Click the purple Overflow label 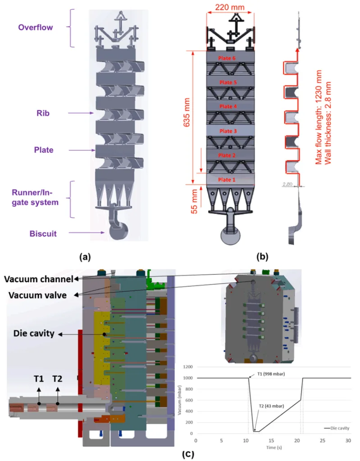pyautogui.click(x=35, y=27)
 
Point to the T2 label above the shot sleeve pyautogui.click(x=57, y=379)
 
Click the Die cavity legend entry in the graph pyautogui.click(x=336, y=427)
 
